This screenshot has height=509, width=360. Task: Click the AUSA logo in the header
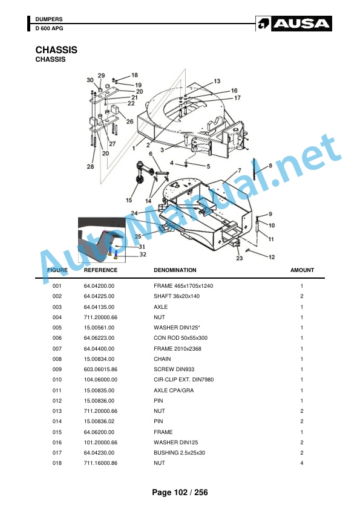[293, 24]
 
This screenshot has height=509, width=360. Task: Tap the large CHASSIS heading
[56, 50]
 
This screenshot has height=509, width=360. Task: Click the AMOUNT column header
[302, 270]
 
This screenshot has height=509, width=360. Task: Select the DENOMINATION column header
[175, 270]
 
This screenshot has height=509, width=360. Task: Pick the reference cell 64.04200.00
[99, 286]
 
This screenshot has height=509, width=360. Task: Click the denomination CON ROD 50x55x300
[181, 338]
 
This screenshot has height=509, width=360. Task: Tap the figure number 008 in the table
[57, 359]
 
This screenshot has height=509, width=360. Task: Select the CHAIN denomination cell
[162, 359]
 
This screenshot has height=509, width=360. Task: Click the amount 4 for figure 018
[302, 463]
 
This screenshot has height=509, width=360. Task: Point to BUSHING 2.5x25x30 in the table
[179, 453]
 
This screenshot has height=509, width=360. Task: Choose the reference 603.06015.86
[100, 369]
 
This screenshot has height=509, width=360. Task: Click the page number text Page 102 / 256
[180, 493]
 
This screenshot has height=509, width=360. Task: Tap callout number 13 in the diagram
[217, 81]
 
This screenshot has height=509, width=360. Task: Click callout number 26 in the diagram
[129, 122]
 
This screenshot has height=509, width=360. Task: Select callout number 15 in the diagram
[129, 200]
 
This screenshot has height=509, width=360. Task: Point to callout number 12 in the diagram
[272, 257]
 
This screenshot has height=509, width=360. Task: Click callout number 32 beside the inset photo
[143, 254]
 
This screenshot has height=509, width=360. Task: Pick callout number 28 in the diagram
[90, 166]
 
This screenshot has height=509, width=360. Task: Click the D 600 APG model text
[50, 28]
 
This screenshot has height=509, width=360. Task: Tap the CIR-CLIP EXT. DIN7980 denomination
[183, 380]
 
